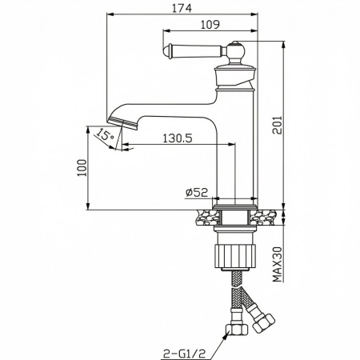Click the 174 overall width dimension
(x=182, y=8)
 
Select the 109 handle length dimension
(x=210, y=25)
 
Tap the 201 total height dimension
(x=277, y=125)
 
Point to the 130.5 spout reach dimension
(x=178, y=138)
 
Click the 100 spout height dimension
(x=82, y=167)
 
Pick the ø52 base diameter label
(x=197, y=192)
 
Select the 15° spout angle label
(x=105, y=134)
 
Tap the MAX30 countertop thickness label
(x=278, y=264)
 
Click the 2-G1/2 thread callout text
(x=185, y=354)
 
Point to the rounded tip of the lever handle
(x=166, y=51)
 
